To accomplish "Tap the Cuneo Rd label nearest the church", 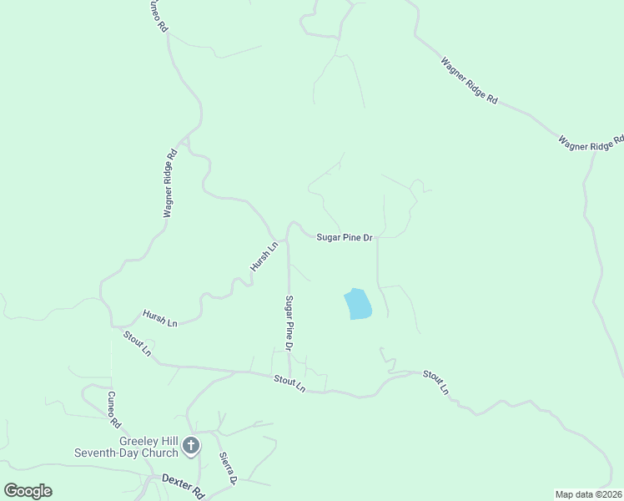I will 110,407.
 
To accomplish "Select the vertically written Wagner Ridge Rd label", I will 170,184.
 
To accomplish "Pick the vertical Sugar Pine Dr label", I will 289,321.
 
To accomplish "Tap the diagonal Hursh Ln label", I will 264,256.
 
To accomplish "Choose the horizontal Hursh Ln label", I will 160,317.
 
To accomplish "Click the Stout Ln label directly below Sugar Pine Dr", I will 290,384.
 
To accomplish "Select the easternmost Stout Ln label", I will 435,382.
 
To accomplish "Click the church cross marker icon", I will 191,446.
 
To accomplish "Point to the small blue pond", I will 358,304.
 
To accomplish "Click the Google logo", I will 28,490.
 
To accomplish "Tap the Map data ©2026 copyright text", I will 589,494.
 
